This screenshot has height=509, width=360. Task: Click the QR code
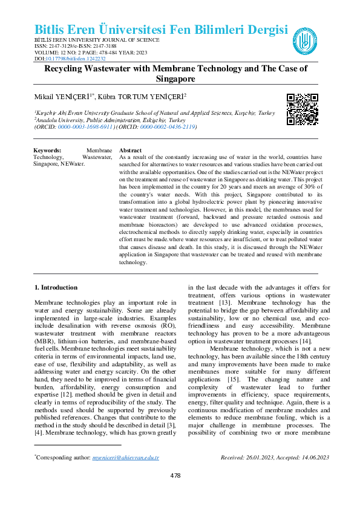click(x=302, y=109)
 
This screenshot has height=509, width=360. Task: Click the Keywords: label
click(x=47, y=150)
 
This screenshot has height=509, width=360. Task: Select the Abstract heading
click(x=131, y=150)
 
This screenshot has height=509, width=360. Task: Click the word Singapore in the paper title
click(x=175, y=79)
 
